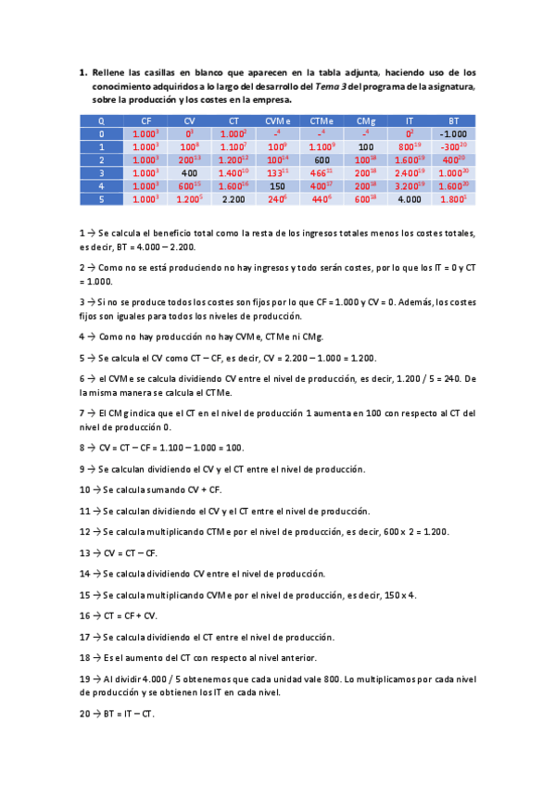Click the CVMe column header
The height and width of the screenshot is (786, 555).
[x=278, y=121]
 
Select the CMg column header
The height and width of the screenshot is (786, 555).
[x=365, y=121]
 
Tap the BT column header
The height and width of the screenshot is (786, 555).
[x=453, y=121]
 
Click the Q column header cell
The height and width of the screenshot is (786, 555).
[x=101, y=121]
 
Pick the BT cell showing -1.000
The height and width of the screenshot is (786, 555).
[x=453, y=134]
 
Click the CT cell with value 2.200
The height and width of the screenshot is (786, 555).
[x=233, y=198]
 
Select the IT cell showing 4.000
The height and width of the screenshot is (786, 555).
[x=409, y=198]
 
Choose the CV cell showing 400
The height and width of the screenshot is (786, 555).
[x=190, y=172]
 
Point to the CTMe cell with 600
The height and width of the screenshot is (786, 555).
[x=322, y=159]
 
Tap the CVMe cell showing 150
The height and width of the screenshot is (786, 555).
[x=277, y=185]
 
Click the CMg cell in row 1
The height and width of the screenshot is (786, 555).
[x=365, y=146]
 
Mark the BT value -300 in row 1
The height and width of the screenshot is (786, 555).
[x=452, y=146]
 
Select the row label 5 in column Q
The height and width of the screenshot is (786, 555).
[x=101, y=198]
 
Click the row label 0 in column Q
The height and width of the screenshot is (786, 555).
[x=101, y=134]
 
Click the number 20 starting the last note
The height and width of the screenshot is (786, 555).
[x=84, y=715]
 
